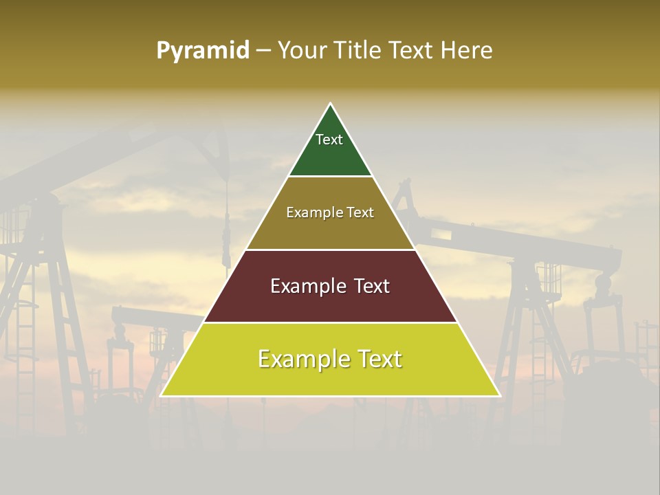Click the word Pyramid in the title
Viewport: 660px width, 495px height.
[x=203, y=51]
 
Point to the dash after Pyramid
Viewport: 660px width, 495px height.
[x=263, y=51]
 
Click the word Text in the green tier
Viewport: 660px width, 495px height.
[x=329, y=140]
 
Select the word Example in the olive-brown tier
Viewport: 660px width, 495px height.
[x=307, y=213]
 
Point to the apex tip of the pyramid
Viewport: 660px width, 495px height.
[x=331, y=104]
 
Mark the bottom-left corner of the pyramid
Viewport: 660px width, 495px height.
[x=162, y=395]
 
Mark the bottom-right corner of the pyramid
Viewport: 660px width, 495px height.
[x=499, y=395]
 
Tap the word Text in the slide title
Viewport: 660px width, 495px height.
[x=411, y=51]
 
